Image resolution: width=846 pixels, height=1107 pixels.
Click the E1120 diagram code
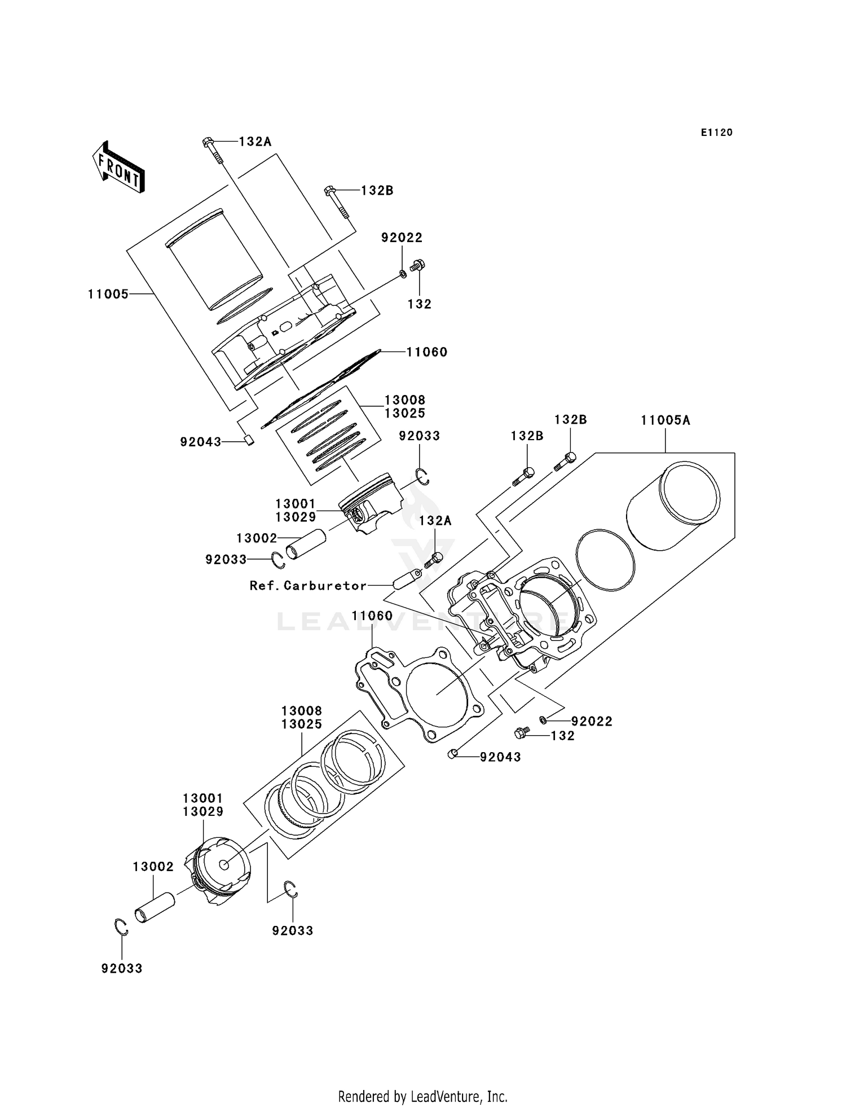[x=716, y=133]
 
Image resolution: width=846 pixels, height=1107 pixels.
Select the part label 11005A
[x=665, y=420]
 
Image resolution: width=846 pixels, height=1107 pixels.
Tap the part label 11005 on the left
[x=108, y=294]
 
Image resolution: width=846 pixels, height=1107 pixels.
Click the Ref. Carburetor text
[x=308, y=586]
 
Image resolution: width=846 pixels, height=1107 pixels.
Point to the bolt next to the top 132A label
[x=212, y=149]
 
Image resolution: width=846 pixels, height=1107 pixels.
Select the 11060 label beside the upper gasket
[x=427, y=352]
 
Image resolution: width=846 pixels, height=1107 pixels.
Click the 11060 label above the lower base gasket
[x=372, y=616]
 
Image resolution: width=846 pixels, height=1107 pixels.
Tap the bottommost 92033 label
[x=122, y=968]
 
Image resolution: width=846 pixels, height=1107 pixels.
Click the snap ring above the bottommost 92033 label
[x=121, y=927]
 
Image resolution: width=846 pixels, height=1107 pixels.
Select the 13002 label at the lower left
[x=153, y=866]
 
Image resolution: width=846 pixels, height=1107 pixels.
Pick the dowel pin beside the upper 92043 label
[x=248, y=440]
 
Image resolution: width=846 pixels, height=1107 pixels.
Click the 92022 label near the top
[x=402, y=238]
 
